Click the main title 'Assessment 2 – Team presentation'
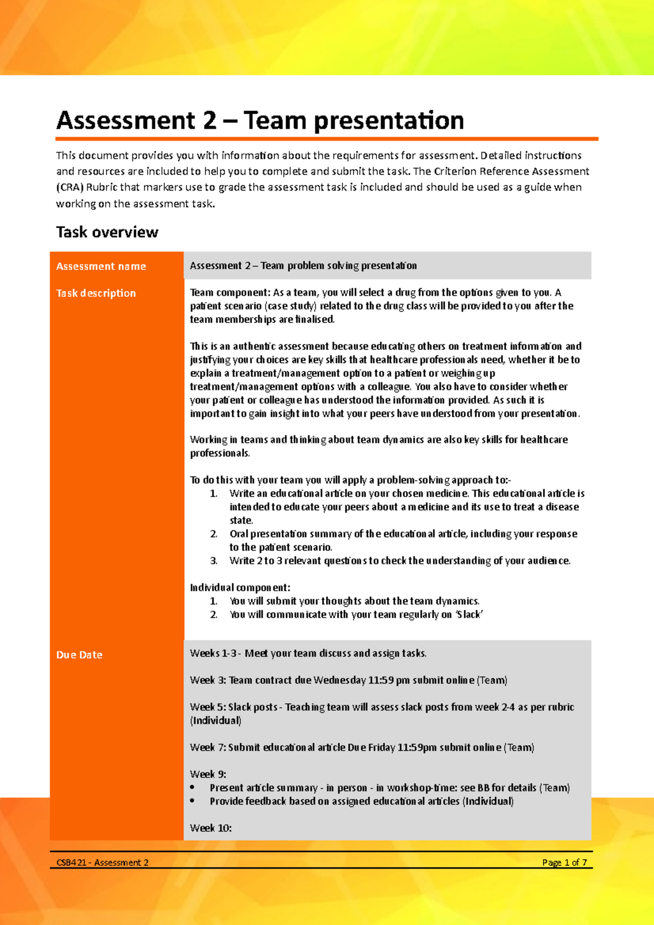(260, 120)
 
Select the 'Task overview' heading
(107, 232)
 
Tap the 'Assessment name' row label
(101, 266)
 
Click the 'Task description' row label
(96, 293)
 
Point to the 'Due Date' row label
(79, 655)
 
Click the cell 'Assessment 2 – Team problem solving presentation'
(303, 266)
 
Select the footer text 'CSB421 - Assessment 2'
(102, 862)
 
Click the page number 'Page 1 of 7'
(564, 862)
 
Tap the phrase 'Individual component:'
(240, 587)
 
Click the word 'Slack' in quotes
(469, 614)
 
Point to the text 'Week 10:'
(210, 828)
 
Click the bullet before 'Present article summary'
(192, 788)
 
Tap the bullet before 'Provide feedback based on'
(192, 801)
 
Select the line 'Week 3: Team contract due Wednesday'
(348, 680)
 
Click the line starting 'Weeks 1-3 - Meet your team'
(308, 653)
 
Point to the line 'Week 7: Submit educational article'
(362, 747)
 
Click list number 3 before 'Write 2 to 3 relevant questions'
(214, 561)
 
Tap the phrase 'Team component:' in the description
(229, 293)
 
